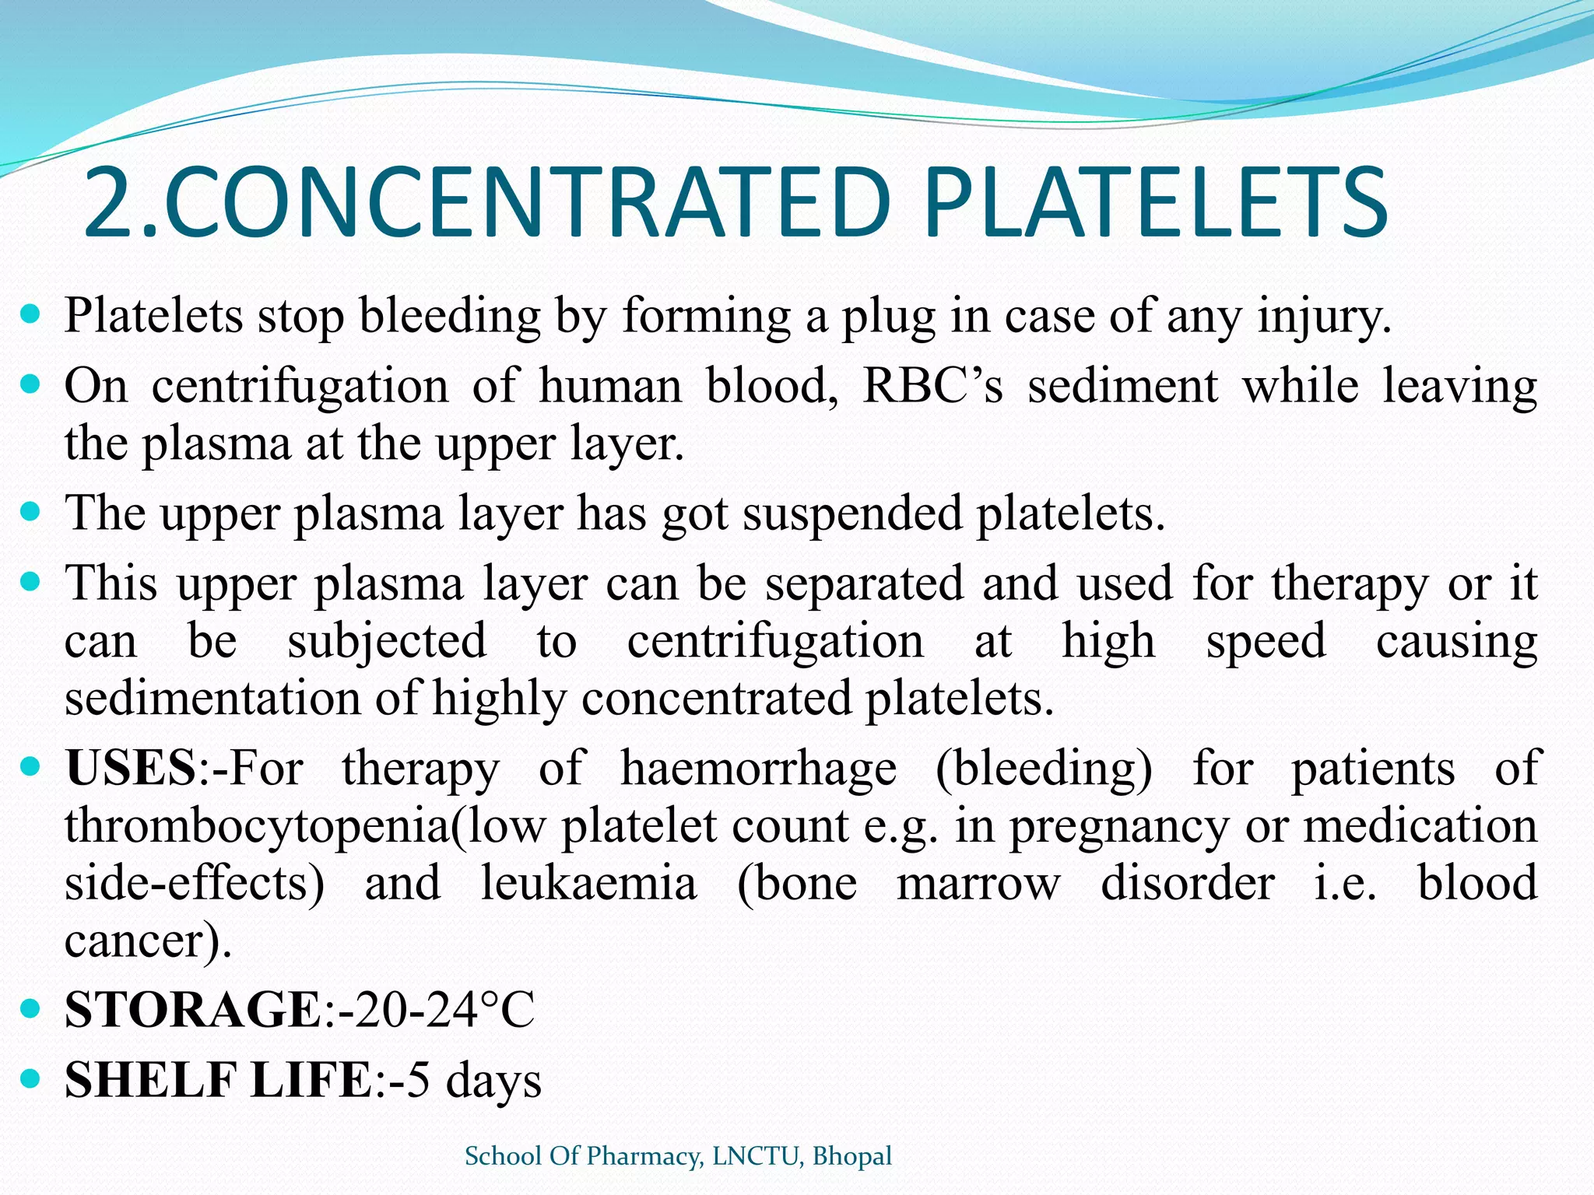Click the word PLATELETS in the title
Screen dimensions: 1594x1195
[1155, 204]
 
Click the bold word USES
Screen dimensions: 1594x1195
[130, 769]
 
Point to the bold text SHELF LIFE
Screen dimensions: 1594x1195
[218, 1080]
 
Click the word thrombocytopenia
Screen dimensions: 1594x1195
[257, 826]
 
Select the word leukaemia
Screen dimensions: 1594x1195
[588, 884]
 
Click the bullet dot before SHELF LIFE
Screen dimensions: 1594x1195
[30, 1079]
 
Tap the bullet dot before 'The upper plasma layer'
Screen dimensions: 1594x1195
[30, 512]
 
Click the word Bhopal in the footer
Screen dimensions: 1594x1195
[852, 1156]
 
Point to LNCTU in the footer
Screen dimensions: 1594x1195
[755, 1156]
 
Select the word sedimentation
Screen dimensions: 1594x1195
[212, 699]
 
